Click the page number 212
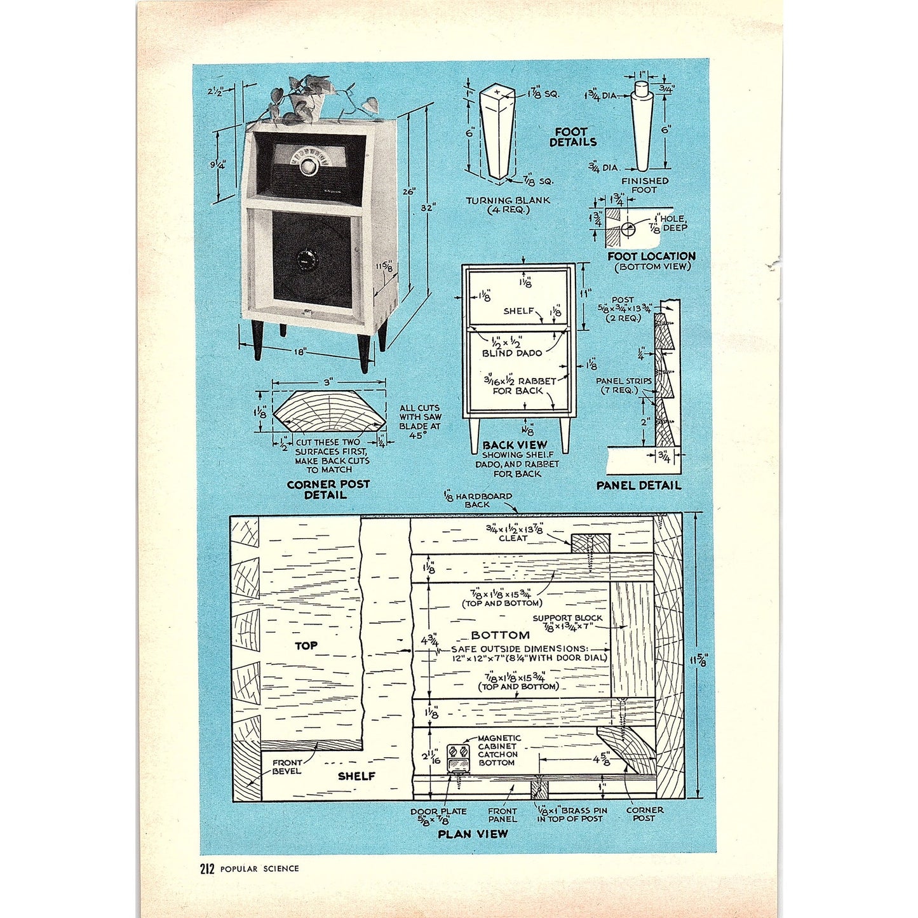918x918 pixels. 207,868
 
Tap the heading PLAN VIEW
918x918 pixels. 473,834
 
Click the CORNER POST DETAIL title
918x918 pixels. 328,489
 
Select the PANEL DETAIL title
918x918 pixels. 638,485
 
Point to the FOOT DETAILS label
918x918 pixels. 572,137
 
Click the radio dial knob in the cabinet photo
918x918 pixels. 309,166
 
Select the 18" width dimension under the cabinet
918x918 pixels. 300,350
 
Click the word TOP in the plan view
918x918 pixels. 306,645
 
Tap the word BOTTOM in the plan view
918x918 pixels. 500,635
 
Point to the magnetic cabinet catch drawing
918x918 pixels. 458,758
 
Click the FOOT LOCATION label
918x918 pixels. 651,256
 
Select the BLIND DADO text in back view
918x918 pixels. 511,353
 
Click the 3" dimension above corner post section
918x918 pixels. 328,382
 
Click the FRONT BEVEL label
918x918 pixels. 287,767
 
